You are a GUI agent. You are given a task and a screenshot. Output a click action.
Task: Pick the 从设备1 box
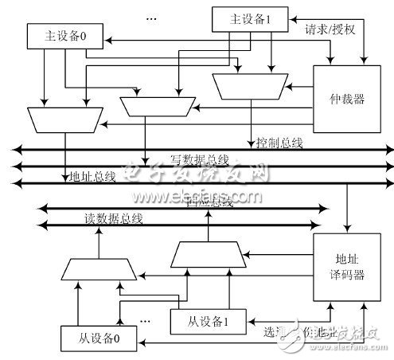pyautogui.click(x=203, y=322)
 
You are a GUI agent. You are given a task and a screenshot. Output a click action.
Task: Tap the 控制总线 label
pyautogui.click(x=279, y=143)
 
